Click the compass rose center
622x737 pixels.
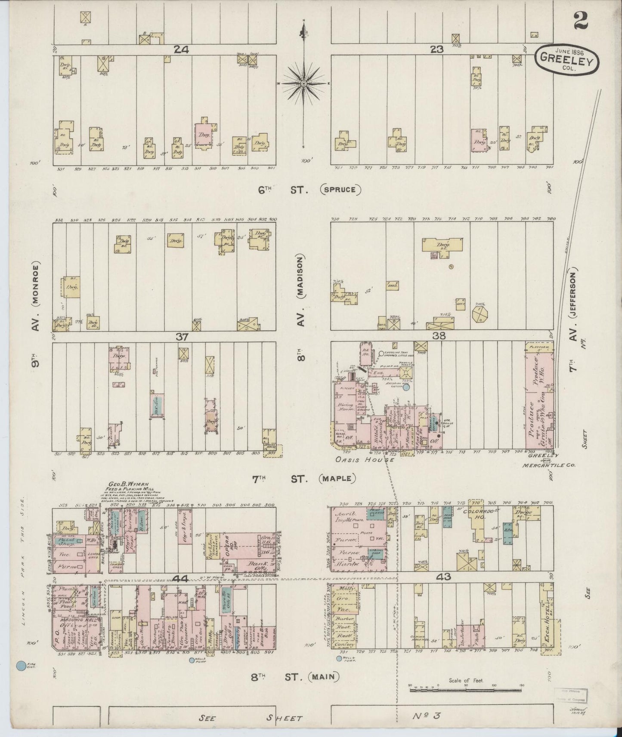[304, 83]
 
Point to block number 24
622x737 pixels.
[182, 49]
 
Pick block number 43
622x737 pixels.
[443, 577]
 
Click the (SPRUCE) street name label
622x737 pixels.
[340, 189]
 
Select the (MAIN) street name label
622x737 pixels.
[323, 677]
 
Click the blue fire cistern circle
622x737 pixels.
[20, 666]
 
